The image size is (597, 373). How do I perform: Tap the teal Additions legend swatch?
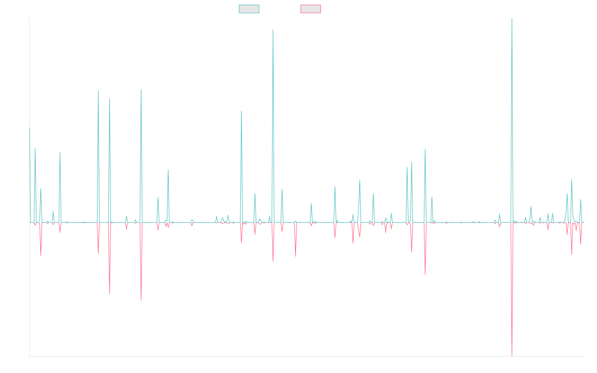click(249, 9)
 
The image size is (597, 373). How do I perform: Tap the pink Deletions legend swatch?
click(311, 9)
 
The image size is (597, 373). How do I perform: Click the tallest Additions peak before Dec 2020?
click(273, 30)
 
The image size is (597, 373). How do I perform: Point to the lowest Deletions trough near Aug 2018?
click(141, 300)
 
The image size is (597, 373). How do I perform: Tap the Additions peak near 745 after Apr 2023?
click(425, 149)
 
